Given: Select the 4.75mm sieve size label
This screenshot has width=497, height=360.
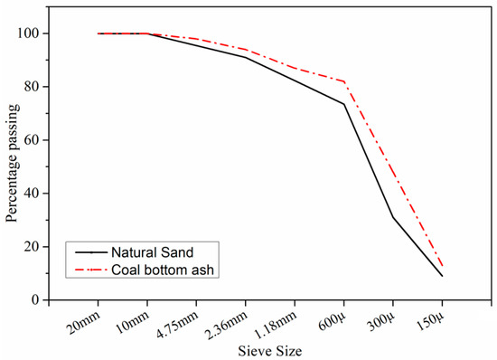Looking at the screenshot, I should click(x=178, y=322).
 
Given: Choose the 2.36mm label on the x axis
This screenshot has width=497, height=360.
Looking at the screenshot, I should click(x=228, y=322).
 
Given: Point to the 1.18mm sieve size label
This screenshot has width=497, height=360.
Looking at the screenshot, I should click(x=277, y=322).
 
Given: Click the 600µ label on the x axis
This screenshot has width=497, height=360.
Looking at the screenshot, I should click(x=331, y=319).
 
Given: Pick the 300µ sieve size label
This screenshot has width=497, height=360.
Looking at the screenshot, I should click(x=380, y=319).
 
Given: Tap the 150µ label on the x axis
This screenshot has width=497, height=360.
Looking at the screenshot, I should click(x=428, y=319).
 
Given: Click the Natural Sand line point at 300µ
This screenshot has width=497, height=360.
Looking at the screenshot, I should click(x=393, y=217).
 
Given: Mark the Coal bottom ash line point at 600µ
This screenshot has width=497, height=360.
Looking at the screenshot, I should click(x=343, y=81).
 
